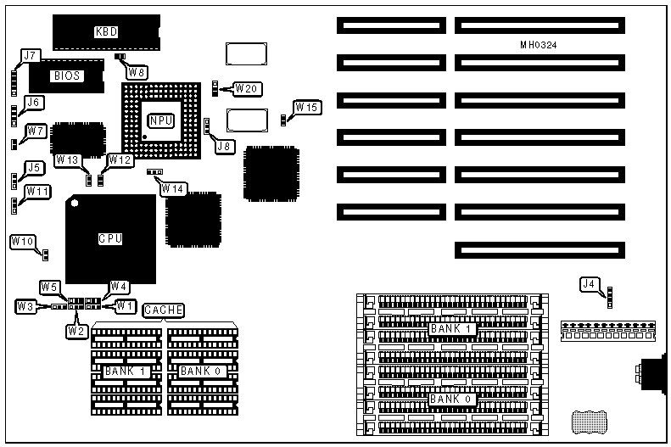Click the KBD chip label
[x=106, y=32]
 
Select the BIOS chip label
[x=68, y=75]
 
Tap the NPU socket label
[x=161, y=120]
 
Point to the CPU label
[x=110, y=239]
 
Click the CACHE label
[x=163, y=310]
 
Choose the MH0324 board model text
[x=539, y=44]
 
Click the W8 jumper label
[x=137, y=73]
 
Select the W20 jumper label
[x=248, y=88]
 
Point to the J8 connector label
[x=224, y=146]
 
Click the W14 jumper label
[x=173, y=188]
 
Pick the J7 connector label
[x=31, y=56]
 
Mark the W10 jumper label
[x=23, y=242]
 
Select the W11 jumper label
[x=37, y=191]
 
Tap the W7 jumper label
[x=36, y=131]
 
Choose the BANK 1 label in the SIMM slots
[x=450, y=329]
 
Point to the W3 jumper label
[x=25, y=305]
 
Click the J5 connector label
[x=34, y=168]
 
